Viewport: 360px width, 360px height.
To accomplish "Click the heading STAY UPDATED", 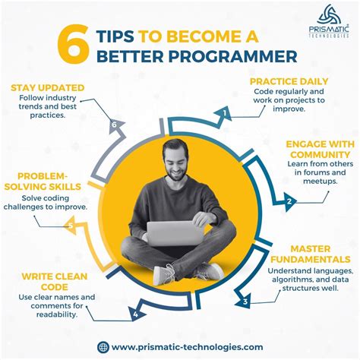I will [x=48, y=88].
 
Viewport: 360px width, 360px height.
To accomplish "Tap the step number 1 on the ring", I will [x=226, y=114].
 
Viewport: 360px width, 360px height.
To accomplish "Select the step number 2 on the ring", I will [x=289, y=201].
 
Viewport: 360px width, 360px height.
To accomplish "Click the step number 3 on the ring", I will [x=245, y=302].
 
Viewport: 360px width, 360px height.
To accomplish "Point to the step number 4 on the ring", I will [x=135, y=313].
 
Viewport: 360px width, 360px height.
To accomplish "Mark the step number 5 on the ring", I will [x=71, y=225].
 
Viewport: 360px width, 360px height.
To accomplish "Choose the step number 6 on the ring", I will [x=115, y=125].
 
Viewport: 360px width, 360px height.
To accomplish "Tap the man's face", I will [x=177, y=161].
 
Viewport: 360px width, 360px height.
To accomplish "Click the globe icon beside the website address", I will [x=103, y=346].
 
